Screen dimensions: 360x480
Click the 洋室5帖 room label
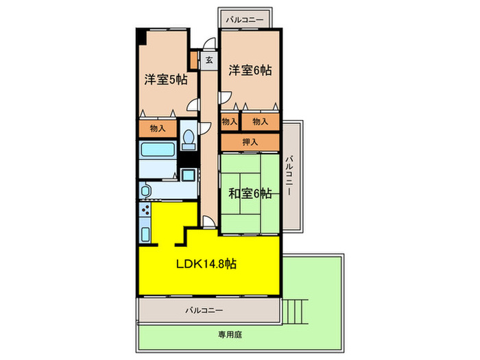click(165, 80)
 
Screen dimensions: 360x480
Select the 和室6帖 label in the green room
click(250, 194)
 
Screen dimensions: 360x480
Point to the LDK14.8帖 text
click(208, 263)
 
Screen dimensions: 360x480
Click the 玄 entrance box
click(209, 60)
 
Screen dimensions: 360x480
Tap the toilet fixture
click(189, 137)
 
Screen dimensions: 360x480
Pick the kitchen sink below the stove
click(145, 233)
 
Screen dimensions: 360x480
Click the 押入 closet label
click(250, 142)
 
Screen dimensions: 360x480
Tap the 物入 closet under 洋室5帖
click(157, 128)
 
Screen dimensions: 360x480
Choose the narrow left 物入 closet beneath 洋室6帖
click(229, 121)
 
